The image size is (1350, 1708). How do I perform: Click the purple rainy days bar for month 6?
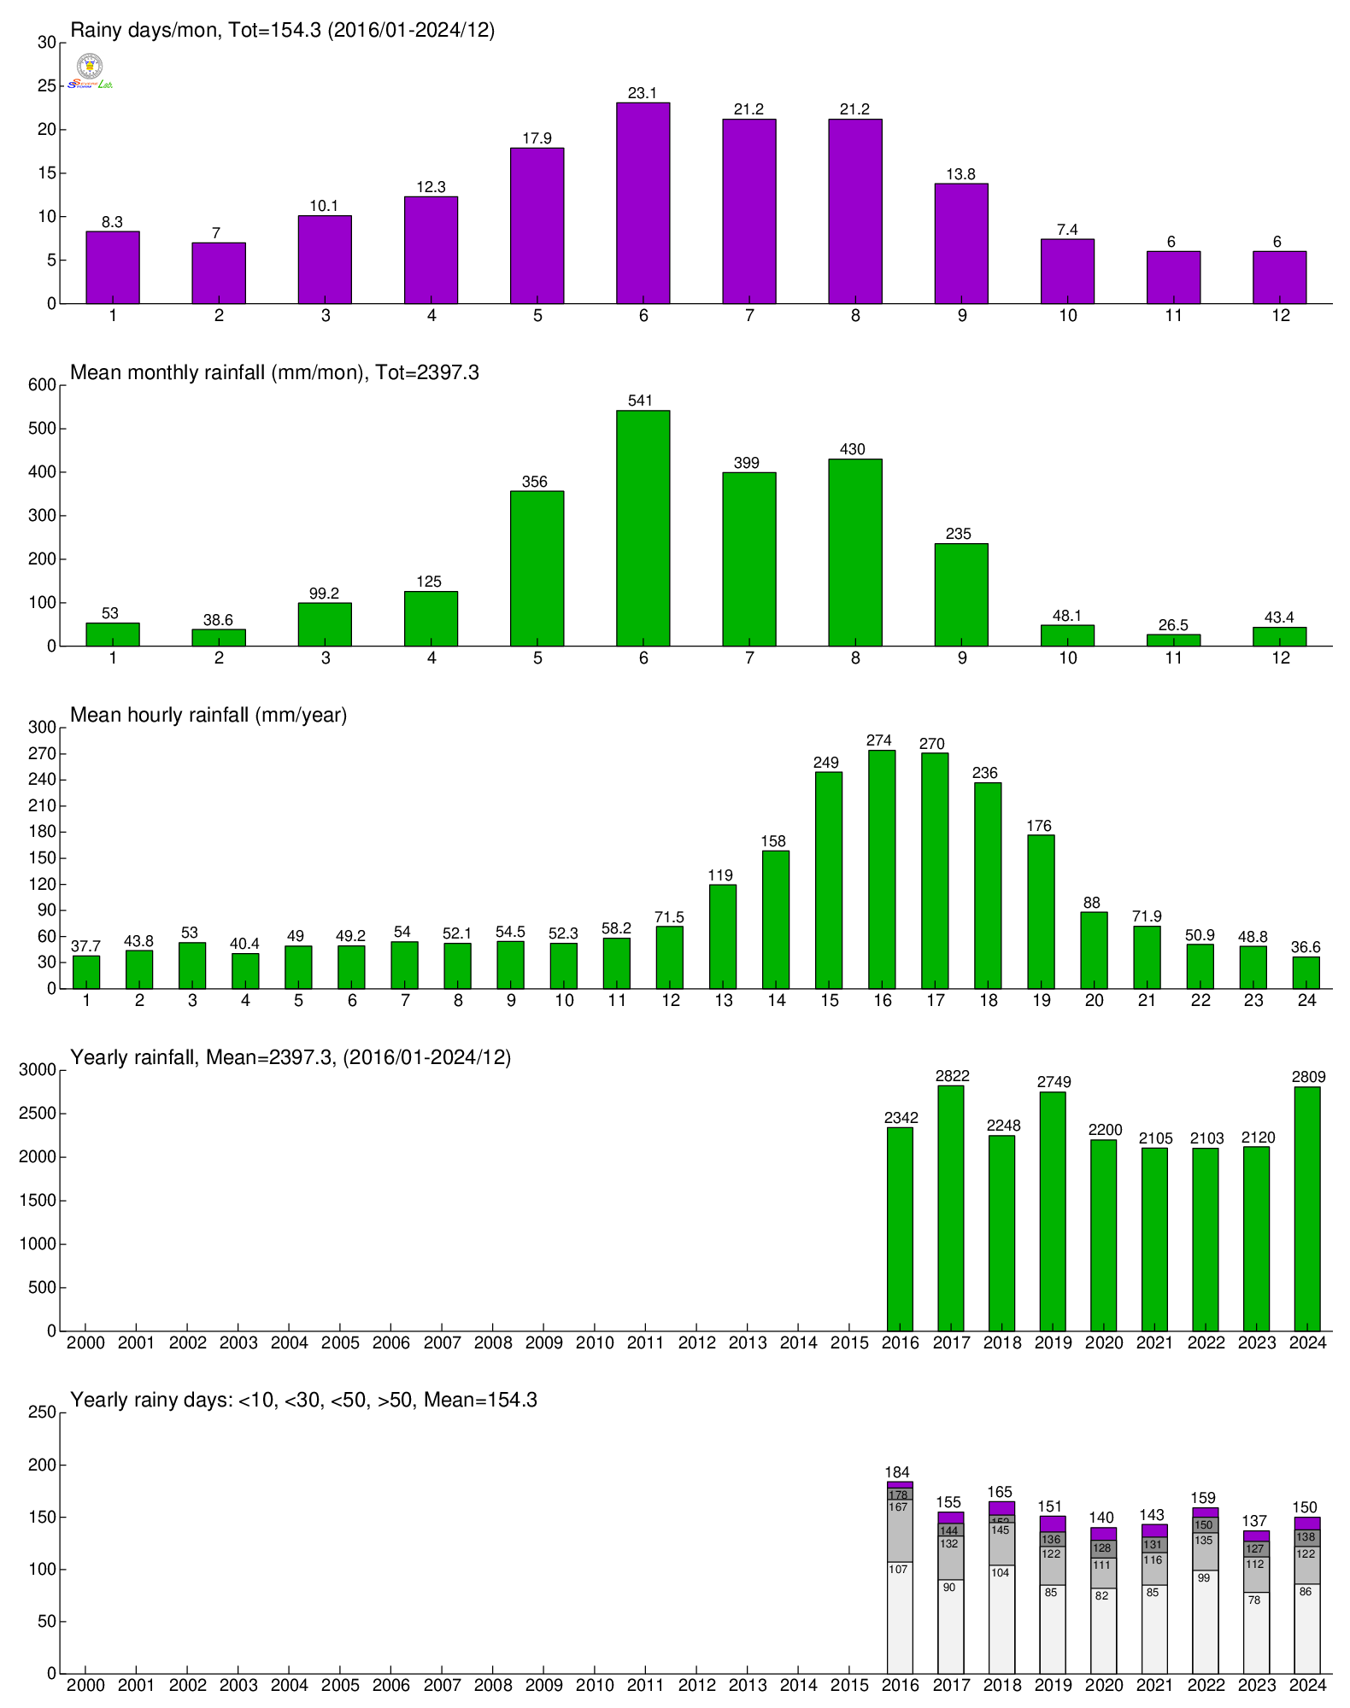coord(643,203)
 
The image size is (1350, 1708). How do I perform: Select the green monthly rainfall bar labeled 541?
coord(643,528)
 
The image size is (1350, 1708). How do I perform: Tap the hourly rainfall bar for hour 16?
coord(882,869)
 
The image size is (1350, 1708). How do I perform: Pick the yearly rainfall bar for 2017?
coord(951,1208)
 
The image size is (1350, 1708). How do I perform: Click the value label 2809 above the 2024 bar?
coord(1308,1077)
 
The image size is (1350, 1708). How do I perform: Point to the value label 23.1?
coord(643,93)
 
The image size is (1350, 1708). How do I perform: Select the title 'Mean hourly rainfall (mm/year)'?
coord(208,715)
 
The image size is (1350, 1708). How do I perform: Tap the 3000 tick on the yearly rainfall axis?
coord(38,1070)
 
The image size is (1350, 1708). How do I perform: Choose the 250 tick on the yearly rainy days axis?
coord(41,1413)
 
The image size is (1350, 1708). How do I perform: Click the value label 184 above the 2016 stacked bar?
coord(897,1472)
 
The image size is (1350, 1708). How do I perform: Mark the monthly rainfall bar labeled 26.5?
coord(1173,640)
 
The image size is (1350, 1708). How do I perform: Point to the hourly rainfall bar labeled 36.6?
coord(1306,973)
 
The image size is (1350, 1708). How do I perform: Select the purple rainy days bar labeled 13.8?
coord(961,243)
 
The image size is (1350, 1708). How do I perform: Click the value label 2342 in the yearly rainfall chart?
coord(901,1118)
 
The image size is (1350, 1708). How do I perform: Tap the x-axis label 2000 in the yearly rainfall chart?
coord(85,1342)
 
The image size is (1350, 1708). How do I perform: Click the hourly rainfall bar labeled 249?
coord(829,880)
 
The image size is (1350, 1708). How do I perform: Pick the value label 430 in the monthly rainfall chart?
coord(853,449)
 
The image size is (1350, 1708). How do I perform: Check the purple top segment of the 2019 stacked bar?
coord(1053,1524)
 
